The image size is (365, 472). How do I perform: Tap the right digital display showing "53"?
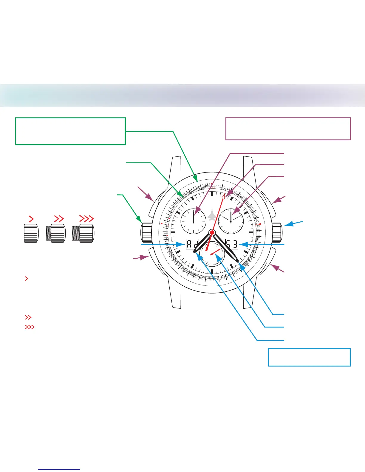(232, 244)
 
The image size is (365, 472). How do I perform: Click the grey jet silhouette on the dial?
(212, 214)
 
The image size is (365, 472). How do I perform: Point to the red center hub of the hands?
(212, 232)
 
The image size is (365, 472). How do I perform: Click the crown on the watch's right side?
(277, 232)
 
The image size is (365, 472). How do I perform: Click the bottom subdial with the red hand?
(212, 254)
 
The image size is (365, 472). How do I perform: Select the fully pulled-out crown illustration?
(83, 233)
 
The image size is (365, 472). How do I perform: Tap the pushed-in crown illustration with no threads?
(31, 233)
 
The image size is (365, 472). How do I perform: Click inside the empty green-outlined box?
(70, 131)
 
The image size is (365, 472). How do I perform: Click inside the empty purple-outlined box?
(288, 129)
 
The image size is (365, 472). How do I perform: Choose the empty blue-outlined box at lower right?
(309, 357)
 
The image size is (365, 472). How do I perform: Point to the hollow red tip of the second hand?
(225, 195)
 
